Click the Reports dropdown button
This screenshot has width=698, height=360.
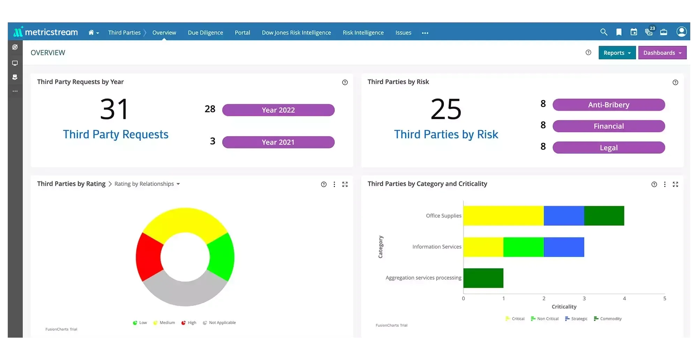[x=617, y=53]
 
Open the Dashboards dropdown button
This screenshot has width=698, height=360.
[x=662, y=53]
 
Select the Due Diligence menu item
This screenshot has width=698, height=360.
[x=205, y=32]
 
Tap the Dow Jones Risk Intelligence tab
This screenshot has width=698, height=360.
[x=296, y=32]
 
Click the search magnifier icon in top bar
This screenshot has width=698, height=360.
[x=603, y=32]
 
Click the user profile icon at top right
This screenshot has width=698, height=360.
[x=681, y=32]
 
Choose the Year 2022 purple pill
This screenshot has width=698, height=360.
[x=278, y=110]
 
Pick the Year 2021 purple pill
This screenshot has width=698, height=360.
[x=278, y=142]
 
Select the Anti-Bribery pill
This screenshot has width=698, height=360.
[x=609, y=105]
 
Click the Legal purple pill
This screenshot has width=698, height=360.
[x=609, y=148]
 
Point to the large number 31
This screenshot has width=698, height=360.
[x=114, y=109]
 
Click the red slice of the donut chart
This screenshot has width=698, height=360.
[x=148, y=257]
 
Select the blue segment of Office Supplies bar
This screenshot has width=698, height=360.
[x=564, y=216]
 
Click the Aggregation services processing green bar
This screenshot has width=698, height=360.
[x=483, y=278]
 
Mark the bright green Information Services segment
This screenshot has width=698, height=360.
[x=523, y=247]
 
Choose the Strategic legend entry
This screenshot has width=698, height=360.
[x=576, y=319]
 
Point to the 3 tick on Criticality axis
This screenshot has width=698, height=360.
[x=584, y=299]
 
